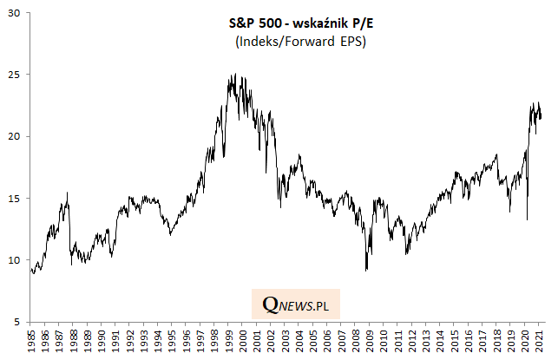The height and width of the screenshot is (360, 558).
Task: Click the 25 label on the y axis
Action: point(15,75)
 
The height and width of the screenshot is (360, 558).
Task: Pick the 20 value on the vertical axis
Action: point(15,136)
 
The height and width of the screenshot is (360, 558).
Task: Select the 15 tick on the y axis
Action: point(15,199)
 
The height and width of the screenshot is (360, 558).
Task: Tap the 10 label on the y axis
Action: point(15,260)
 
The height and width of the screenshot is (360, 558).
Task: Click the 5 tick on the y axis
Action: point(17,323)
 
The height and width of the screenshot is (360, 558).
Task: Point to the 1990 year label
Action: point(102,341)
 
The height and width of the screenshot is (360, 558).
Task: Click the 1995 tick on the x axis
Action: point(173,341)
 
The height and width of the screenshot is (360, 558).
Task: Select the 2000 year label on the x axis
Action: point(244,341)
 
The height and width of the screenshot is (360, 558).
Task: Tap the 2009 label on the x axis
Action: point(371,341)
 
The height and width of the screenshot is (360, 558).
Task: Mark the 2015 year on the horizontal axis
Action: point(455,341)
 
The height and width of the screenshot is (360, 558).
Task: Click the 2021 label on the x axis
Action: point(540,341)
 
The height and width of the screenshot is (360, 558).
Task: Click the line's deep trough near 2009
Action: point(367,272)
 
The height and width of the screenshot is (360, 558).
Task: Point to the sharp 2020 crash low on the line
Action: point(528,219)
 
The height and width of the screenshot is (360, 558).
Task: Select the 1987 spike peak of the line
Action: point(68,193)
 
